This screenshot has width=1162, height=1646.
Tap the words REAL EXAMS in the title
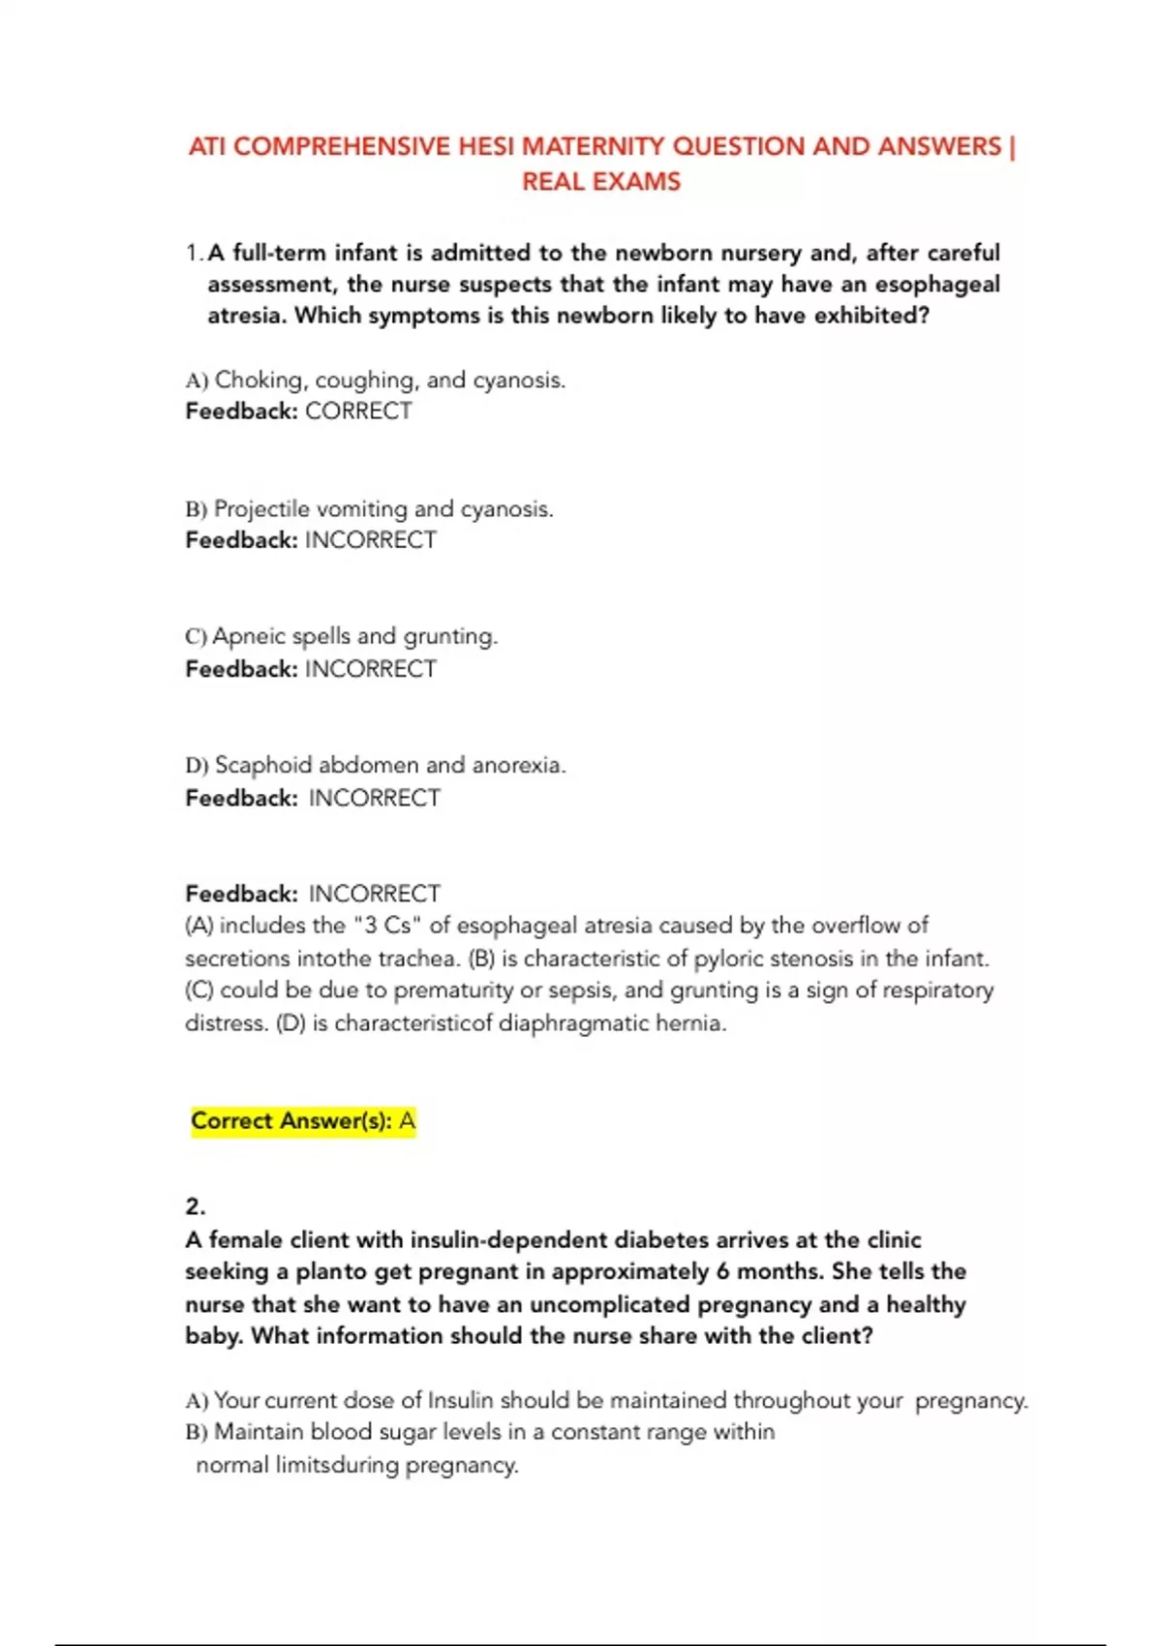point(601,182)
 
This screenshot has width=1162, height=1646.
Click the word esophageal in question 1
point(937,285)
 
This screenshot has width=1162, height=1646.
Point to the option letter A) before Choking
point(197,381)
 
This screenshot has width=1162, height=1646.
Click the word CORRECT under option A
point(358,411)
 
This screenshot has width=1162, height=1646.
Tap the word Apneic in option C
point(248,636)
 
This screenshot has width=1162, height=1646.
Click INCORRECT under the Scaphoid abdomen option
point(374,798)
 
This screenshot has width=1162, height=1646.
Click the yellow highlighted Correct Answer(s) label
point(290,1121)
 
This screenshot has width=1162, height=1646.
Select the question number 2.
point(195,1206)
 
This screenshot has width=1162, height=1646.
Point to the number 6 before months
point(723,1271)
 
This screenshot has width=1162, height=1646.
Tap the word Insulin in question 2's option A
point(460,1400)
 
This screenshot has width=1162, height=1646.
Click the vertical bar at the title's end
point(1012,147)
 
